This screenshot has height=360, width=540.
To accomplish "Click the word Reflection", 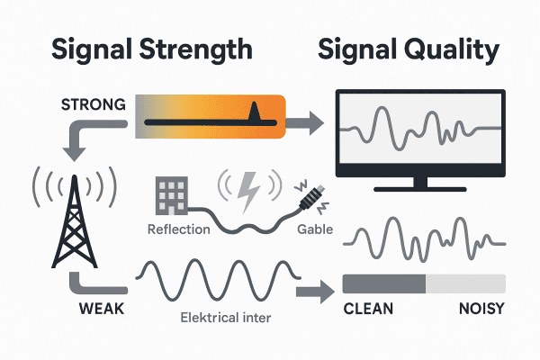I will click(177, 229).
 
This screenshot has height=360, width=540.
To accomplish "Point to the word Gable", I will click(314, 229).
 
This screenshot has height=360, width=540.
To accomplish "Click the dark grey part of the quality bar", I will click(383, 284).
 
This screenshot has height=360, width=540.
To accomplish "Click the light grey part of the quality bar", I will click(464, 284).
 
